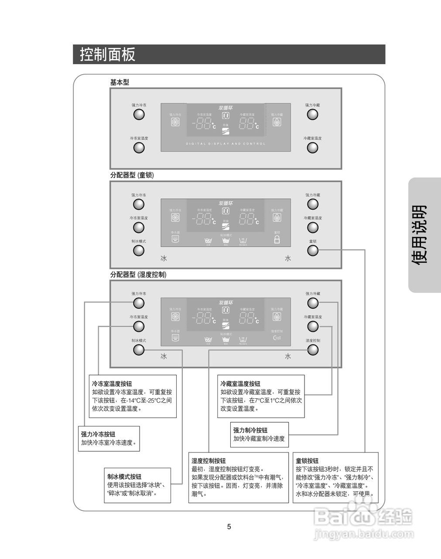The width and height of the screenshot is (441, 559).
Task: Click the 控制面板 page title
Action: coord(108,55)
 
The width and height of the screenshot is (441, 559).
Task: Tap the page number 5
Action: coord(229,527)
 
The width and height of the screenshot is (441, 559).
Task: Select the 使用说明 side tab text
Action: coord(420,234)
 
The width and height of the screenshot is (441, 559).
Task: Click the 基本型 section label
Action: coord(120,82)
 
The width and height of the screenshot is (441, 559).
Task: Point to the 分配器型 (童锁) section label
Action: coord(132,175)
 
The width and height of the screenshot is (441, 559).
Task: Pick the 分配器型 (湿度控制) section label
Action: coord(138,275)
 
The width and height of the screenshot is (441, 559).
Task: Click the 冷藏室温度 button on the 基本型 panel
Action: coord(312,148)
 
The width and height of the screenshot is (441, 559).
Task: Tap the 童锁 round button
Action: coord(312,251)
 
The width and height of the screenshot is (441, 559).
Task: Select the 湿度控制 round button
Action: coord(312,350)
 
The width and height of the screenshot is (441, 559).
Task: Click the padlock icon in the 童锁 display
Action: coord(277,240)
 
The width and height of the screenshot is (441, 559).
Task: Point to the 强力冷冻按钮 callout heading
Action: coord(98,434)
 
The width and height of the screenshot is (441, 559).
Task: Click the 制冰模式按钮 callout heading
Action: coord(124,476)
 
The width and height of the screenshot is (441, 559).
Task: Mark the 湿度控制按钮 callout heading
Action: coord(209,461)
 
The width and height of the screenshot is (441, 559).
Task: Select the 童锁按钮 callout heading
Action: coord(307,461)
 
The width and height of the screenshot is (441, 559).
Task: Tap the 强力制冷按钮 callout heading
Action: coord(250,430)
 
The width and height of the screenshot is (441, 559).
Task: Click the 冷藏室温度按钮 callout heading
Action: coord(240,384)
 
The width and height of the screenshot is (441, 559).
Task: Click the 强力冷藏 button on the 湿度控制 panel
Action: coord(312,303)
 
